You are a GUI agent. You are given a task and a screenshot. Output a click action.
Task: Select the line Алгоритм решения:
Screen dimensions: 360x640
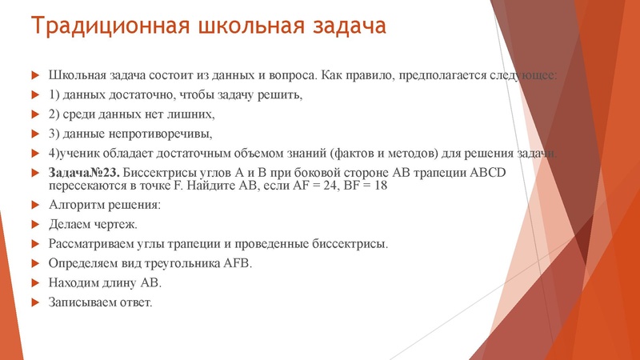105,206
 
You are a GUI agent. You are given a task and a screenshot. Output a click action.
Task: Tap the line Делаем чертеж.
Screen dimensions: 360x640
93,224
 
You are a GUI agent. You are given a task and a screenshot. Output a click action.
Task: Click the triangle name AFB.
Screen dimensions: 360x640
234,263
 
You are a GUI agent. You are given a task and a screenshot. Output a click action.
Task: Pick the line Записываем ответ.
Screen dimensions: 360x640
100,302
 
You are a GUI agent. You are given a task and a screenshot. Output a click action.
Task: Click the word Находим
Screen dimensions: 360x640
76,283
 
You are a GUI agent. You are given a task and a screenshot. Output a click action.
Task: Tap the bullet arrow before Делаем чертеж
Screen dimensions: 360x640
34,224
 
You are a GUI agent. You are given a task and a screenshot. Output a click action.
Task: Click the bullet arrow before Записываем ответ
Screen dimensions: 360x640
34,302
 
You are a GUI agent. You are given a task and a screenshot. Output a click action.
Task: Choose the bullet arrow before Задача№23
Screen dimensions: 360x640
34,174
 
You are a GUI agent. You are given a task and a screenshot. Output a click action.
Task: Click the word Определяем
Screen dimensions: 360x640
84,263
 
